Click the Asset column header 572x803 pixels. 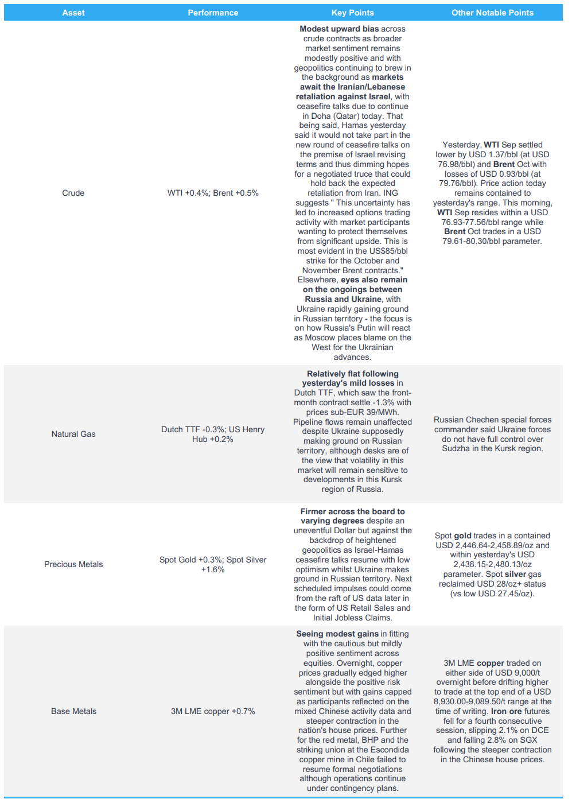tap(73, 13)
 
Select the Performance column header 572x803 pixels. tap(213, 13)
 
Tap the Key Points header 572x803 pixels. tap(352, 13)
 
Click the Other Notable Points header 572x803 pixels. tap(492, 13)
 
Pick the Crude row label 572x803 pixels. tap(73, 193)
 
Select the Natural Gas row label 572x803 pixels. tap(73, 434)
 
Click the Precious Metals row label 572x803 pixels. tap(73, 564)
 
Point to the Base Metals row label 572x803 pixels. tap(73, 711)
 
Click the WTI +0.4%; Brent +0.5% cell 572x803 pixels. tap(213, 193)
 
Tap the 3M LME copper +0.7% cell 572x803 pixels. tap(213, 711)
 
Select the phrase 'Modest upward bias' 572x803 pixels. tap(339, 29)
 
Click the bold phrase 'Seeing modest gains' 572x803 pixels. tap(337, 634)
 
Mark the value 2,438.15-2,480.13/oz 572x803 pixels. tap(492, 564)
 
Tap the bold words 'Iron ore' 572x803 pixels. tap(507, 711)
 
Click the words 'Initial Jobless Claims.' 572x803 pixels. tap(352, 618)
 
